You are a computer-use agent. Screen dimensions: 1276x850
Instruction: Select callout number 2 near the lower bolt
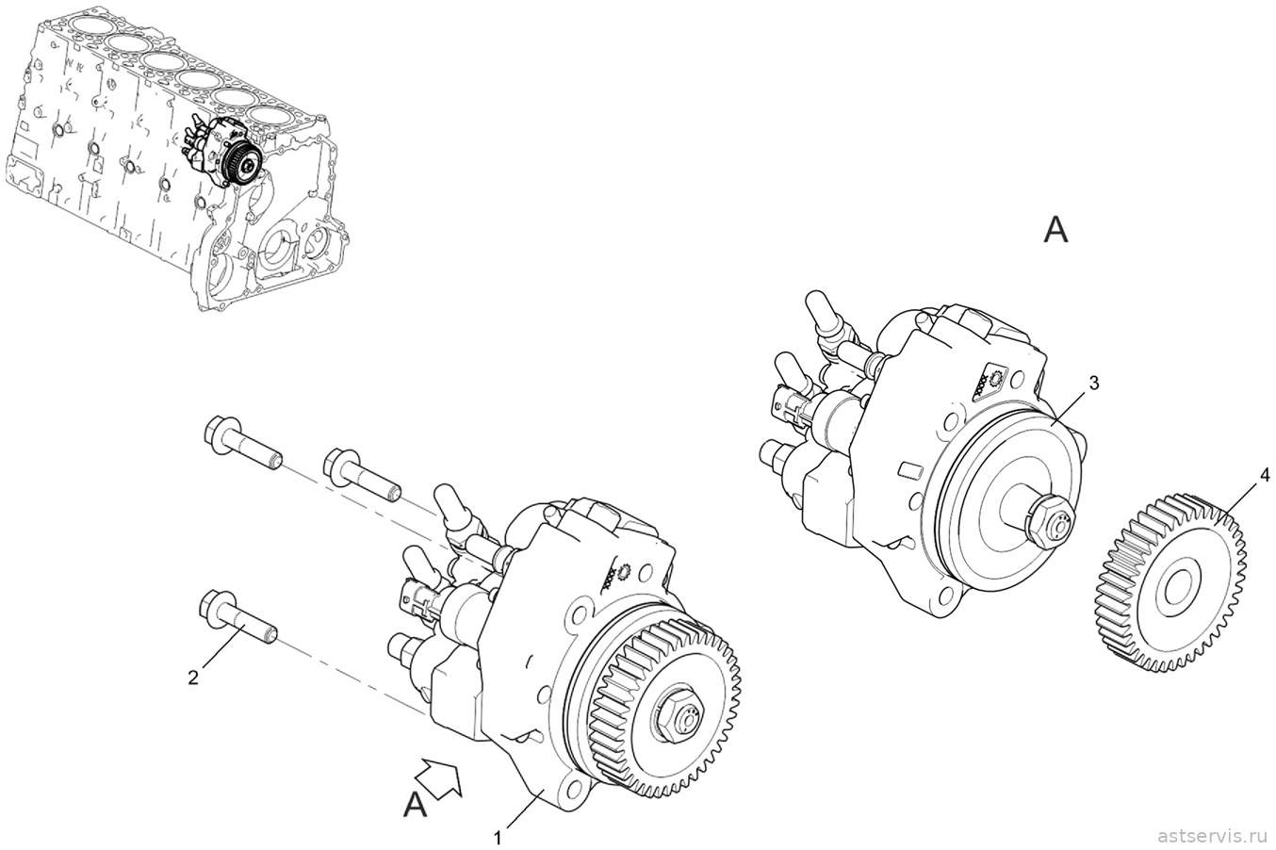[x=194, y=678]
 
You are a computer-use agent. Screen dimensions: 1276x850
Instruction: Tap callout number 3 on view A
[x=1093, y=384]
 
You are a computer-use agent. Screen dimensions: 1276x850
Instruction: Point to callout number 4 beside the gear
[x=1264, y=475]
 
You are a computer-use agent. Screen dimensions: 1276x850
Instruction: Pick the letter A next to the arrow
[x=416, y=805]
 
